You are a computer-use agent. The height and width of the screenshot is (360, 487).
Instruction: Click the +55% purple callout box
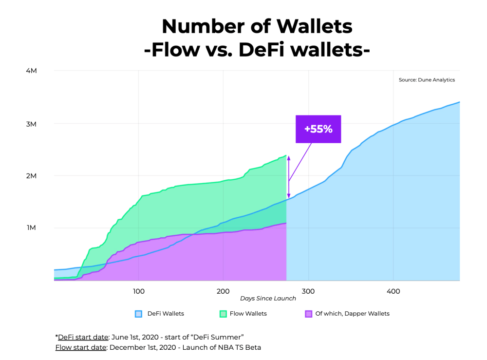click(318, 129)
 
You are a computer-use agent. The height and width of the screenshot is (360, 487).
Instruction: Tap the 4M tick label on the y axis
click(31, 71)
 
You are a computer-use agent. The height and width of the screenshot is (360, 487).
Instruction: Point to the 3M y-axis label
click(31, 124)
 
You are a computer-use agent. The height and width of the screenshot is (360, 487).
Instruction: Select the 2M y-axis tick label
click(31, 176)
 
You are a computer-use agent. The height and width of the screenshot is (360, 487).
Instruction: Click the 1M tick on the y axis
click(31, 227)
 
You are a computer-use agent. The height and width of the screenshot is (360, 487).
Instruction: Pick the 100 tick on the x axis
click(138, 291)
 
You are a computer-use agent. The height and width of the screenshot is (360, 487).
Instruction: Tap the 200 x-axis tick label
click(223, 291)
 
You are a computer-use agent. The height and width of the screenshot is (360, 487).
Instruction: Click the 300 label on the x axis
click(308, 291)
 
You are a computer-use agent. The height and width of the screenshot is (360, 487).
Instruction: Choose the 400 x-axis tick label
click(393, 291)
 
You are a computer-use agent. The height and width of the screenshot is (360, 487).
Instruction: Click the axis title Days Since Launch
click(268, 299)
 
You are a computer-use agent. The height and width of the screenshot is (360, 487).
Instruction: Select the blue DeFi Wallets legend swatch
click(138, 314)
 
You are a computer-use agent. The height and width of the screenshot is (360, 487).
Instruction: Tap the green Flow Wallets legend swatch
click(223, 314)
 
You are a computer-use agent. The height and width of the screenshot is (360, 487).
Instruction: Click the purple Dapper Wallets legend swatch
click(308, 314)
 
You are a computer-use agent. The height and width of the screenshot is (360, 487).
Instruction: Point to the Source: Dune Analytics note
click(427, 80)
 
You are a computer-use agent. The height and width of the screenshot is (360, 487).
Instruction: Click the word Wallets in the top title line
click(314, 26)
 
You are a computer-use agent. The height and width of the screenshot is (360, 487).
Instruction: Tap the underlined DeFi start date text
click(83, 337)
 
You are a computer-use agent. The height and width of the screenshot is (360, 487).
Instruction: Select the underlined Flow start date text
click(81, 347)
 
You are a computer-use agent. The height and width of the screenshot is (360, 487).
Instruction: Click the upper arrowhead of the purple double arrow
click(288, 158)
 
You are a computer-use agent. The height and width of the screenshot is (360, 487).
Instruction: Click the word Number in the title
click(204, 26)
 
